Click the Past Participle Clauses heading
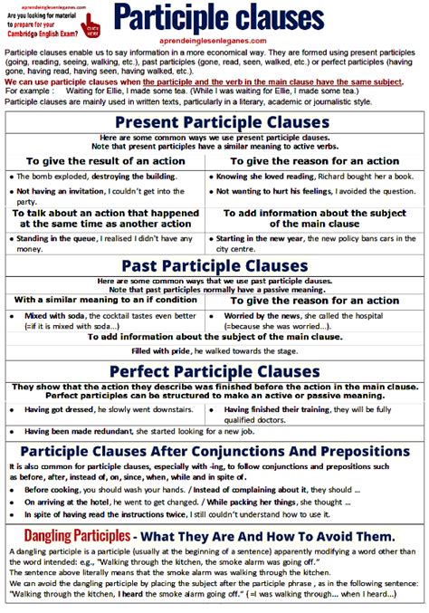pos(214,265)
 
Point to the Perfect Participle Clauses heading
pos(214,371)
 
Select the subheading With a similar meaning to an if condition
pos(107,300)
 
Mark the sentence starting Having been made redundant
pos(136,432)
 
